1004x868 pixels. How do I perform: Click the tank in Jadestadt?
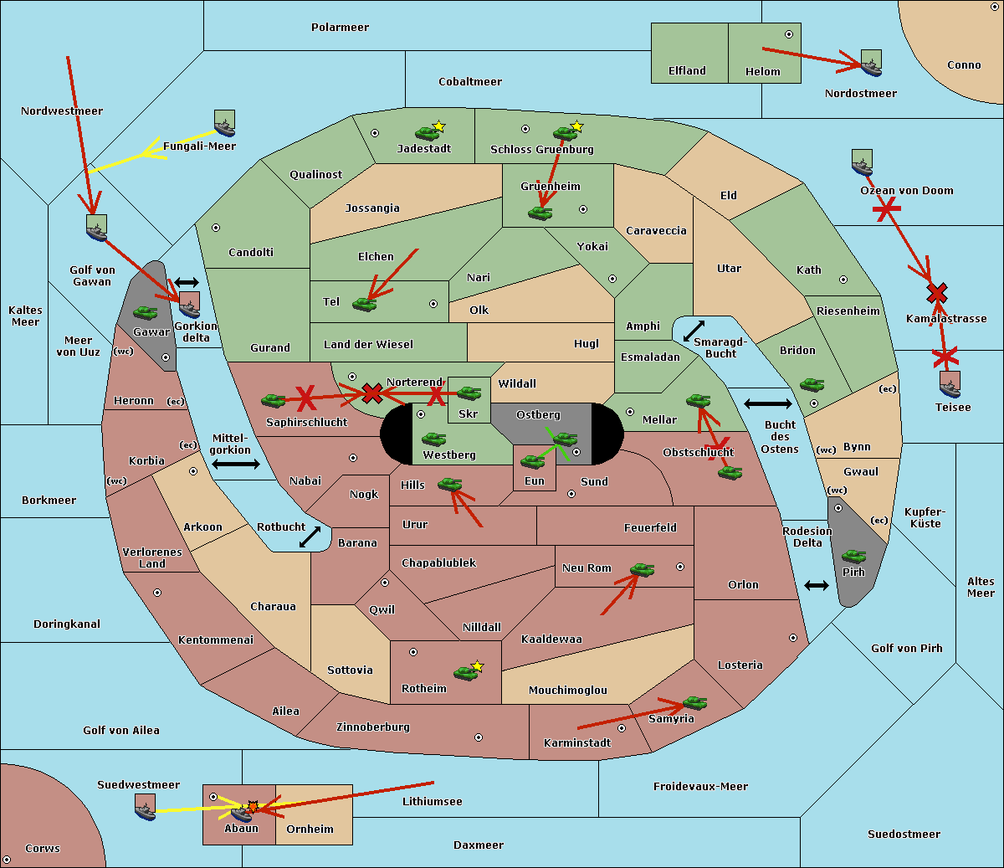pos(427,133)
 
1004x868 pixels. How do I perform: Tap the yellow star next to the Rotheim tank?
pos(478,665)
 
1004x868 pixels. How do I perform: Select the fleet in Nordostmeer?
pos(872,63)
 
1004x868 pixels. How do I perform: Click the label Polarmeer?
pos(340,28)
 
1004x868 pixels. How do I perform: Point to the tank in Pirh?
pos(853,556)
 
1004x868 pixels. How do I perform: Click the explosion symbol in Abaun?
pos(253,807)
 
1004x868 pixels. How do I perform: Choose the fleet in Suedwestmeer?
pos(146,807)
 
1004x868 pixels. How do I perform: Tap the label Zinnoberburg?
pos(373,727)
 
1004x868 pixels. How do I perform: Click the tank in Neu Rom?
pos(642,569)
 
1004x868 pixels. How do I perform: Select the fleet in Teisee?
pos(950,385)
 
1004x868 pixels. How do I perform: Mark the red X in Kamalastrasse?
pos(937,293)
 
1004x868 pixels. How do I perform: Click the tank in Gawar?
pos(146,312)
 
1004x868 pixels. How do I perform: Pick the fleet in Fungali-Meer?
pos(224,123)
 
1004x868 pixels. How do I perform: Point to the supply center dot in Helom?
pos(789,34)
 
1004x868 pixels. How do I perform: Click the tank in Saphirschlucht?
pos(273,400)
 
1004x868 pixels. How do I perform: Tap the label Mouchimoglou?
pos(568,690)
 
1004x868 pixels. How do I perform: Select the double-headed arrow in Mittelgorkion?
pos(236,464)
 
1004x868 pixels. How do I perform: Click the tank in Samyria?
pos(694,703)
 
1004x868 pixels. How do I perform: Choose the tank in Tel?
pos(364,304)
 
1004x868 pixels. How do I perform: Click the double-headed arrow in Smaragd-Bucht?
pos(694,331)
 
